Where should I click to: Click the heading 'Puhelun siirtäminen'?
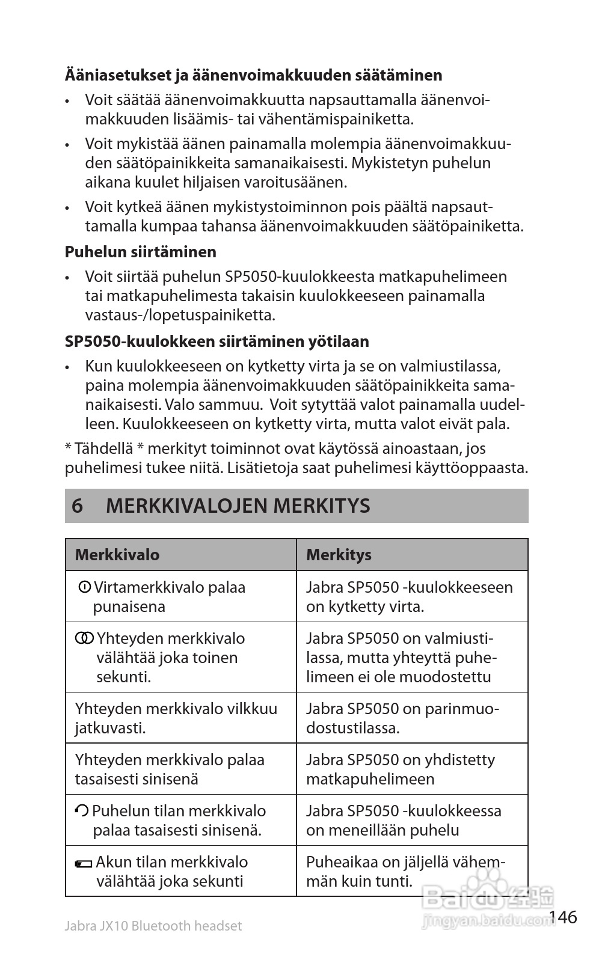(x=140, y=251)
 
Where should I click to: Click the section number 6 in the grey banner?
(x=77, y=506)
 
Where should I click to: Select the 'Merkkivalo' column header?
(x=117, y=554)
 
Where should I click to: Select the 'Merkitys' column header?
(x=339, y=554)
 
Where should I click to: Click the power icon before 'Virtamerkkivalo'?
(x=85, y=587)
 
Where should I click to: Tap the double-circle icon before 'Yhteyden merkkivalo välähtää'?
(x=84, y=638)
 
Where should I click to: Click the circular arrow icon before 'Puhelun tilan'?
(x=82, y=811)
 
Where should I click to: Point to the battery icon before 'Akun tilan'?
(x=83, y=864)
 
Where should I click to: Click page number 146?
(x=563, y=917)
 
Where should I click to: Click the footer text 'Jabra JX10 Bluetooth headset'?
(x=153, y=926)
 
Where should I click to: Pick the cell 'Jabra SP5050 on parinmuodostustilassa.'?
(x=402, y=718)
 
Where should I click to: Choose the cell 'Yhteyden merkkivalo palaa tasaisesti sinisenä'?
(x=170, y=769)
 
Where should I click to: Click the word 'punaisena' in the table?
(x=129, y=607)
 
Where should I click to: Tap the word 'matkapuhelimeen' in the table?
(x=370, y=779)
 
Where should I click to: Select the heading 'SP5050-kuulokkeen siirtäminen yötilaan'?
(x=217, y=341)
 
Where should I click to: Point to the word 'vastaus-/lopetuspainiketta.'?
(x=180, y=315)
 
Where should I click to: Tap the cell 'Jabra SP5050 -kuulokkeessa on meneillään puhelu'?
(x=403, y=821)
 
